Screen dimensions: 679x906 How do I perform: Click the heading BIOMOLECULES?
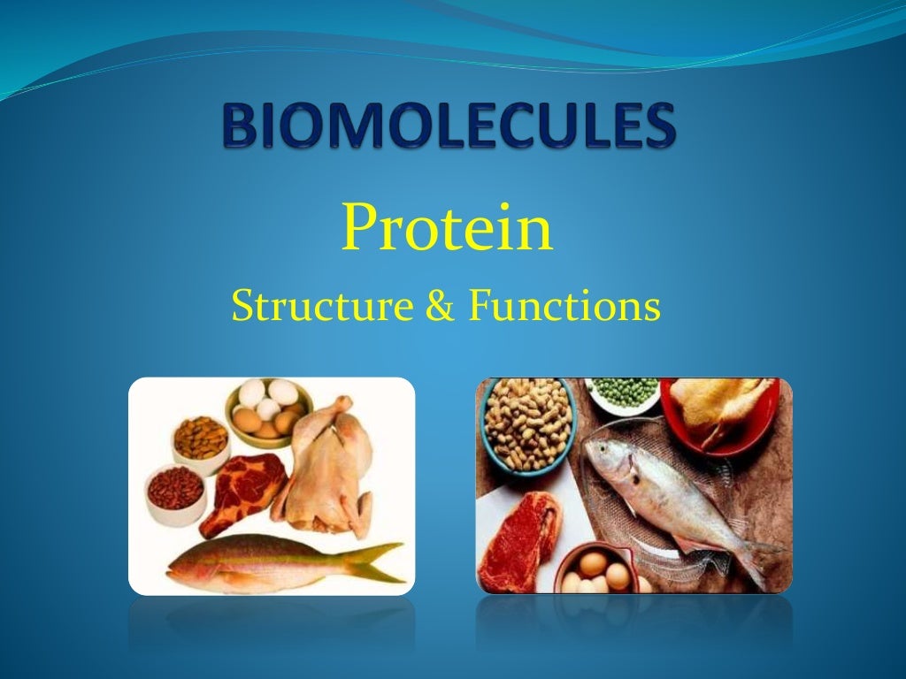449,127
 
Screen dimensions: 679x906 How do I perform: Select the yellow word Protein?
447,228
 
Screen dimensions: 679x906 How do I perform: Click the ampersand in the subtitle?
440,308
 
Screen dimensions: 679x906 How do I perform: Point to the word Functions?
564,307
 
